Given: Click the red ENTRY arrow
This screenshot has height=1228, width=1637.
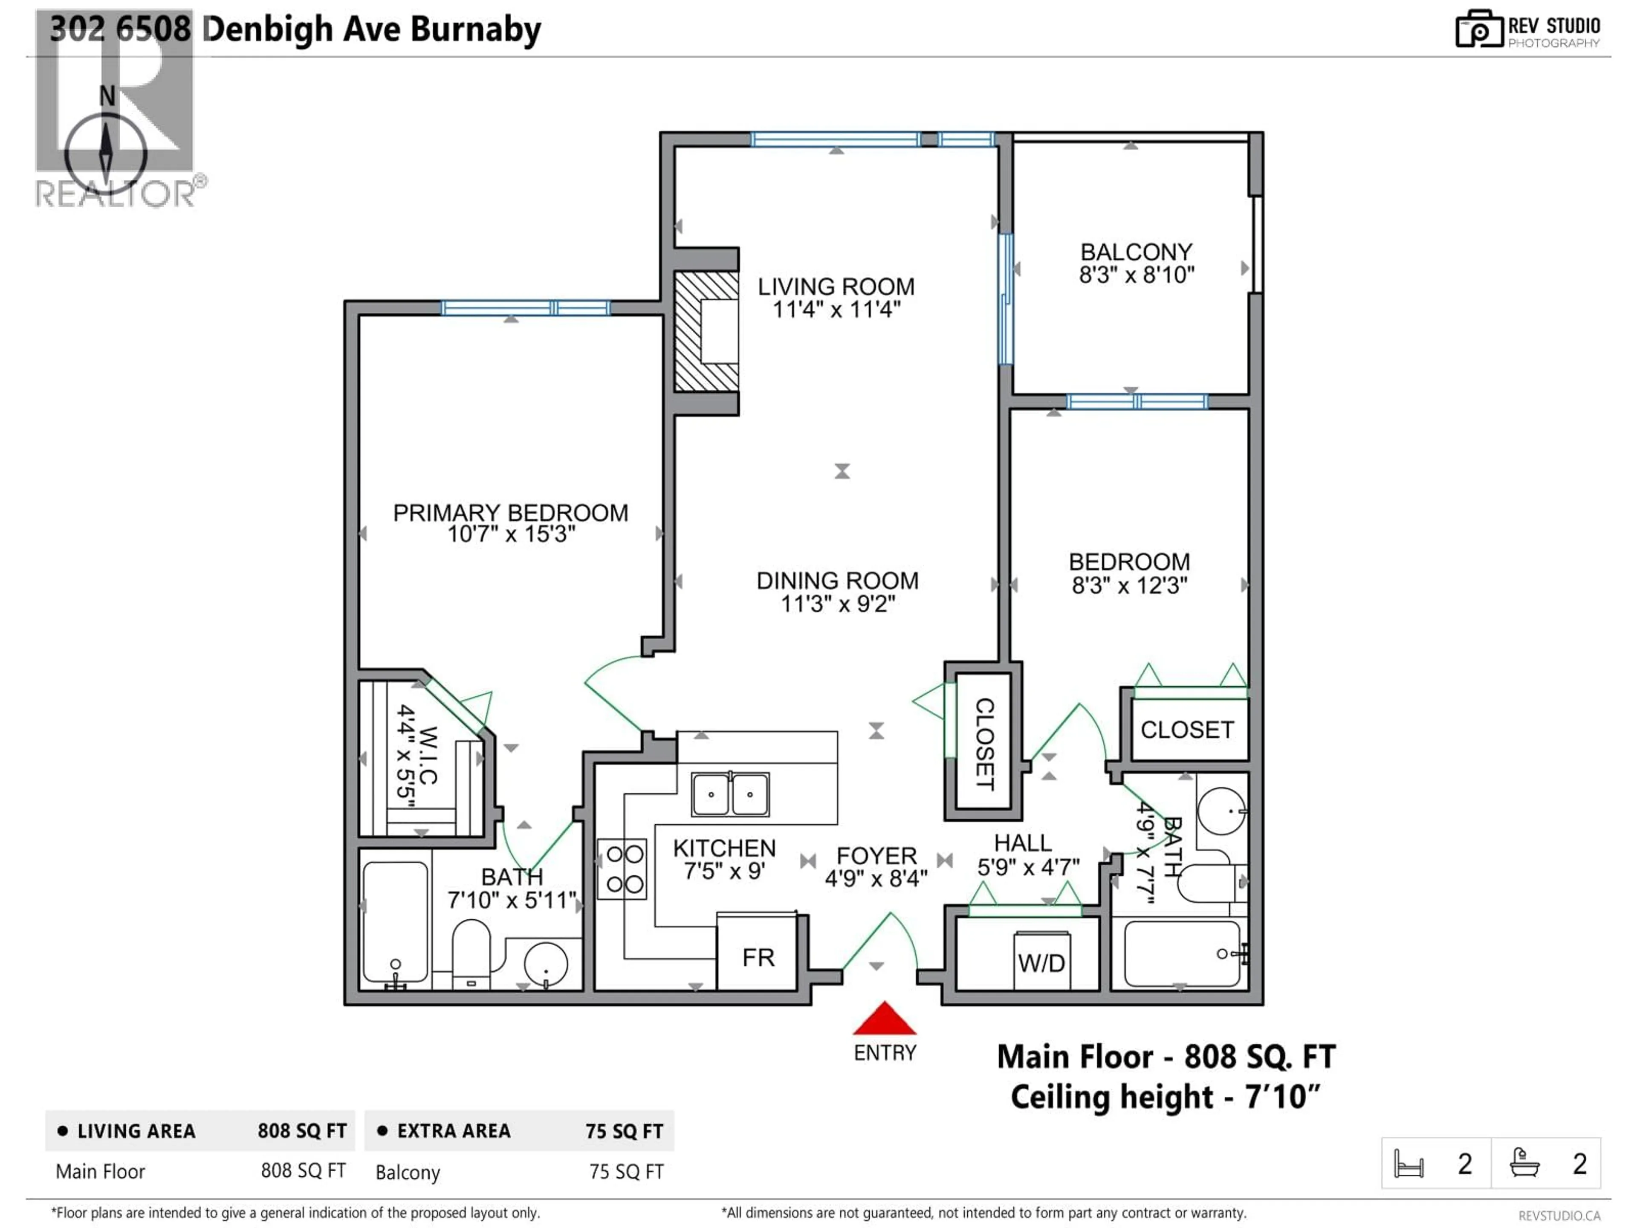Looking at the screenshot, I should [885, 1020].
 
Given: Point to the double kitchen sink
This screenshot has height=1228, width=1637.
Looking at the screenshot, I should [730, 794].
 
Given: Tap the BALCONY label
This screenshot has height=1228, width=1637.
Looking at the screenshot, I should [1136, 252].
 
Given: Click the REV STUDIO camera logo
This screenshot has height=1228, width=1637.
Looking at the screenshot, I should [1478, 29].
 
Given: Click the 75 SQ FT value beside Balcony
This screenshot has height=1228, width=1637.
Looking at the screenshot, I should [626, 1172].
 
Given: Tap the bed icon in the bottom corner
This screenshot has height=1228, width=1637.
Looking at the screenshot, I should [1409, 1164].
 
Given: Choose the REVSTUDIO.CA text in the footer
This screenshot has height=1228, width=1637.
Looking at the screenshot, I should [1559, 1215].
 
